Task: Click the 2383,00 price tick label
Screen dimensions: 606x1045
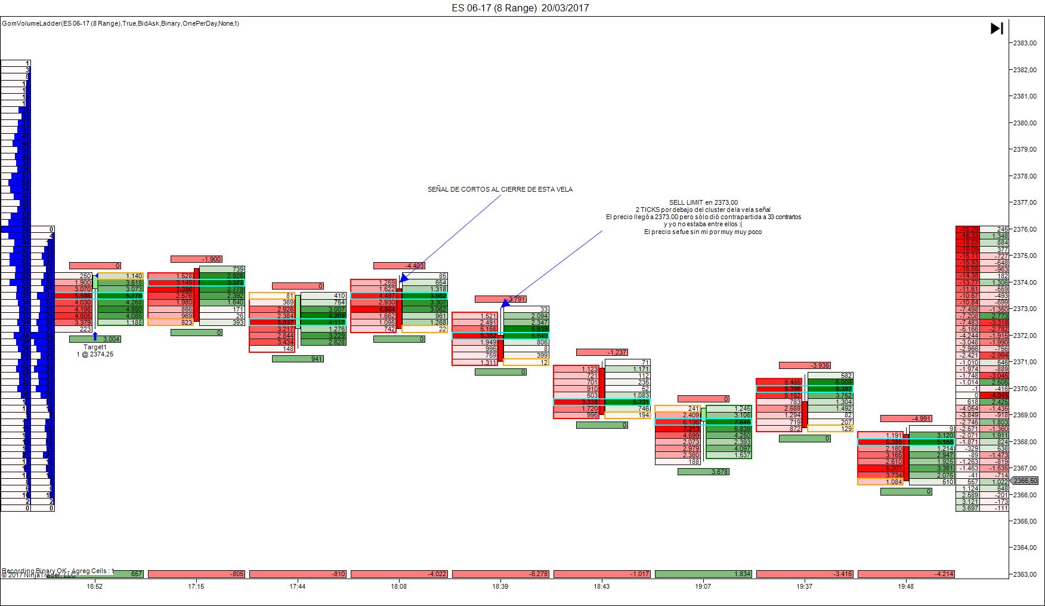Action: pyautogui.click(x=1025, y=43)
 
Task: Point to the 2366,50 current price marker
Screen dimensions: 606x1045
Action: pyautogui.click(x=1025, y=481)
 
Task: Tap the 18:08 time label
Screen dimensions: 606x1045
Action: pyautogui.click(x=399, y=586)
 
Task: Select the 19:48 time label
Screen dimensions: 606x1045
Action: pyautogui.click(x=905, y=586)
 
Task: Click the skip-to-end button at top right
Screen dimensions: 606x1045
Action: pyautogui.click(x=997, y=28)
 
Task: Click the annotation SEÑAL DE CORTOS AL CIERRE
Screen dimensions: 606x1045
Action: pyautogui.click(x=500, y=189)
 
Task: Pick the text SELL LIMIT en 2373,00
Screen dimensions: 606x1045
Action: pyautogui.click(x=703, y=202)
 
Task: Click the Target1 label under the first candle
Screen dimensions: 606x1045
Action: pyautogui.click(x=95, y=347)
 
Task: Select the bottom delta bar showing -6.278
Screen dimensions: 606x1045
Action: pyautogui.click(x=500, y=574)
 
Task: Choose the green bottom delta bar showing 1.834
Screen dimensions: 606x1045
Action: pyautogui.click(x=703, y=574)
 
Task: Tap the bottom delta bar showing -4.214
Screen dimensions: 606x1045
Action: pyautogui.click(x=905, y=574)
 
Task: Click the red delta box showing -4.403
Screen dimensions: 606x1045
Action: pyautogui.click(x=399, y=266)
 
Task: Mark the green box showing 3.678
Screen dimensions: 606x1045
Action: pyautogui.click(x=703, y=472)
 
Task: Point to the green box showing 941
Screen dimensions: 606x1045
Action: pyautogui.click(x=298, y=359)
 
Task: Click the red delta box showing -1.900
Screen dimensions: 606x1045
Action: pyautogui.click(x=196, y=259)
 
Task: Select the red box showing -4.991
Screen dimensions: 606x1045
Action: pyautogui.click(x=905, y=419)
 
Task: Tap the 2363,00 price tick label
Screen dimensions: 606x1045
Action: pyautogui.click(x=1025, y=574)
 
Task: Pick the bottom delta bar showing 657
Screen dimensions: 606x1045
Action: pyautogui.click(x=119, y=574)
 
